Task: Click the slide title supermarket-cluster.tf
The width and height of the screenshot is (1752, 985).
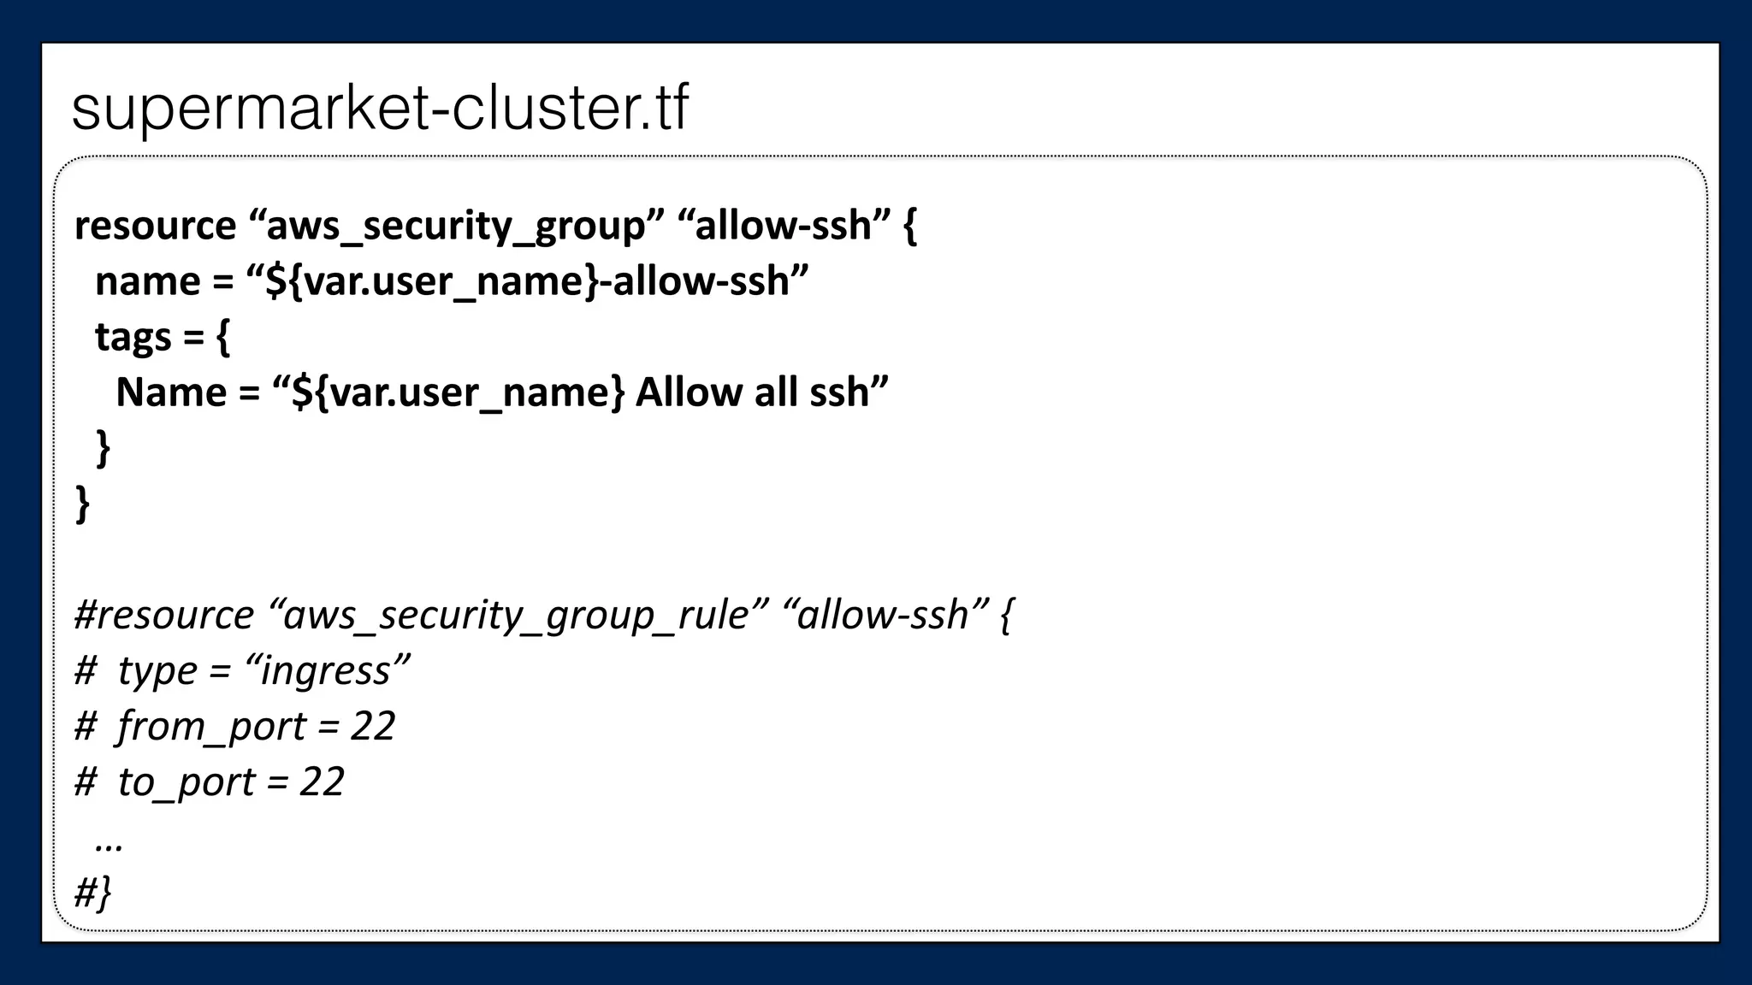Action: coord(380,109)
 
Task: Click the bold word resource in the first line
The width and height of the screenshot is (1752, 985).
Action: coord(155,226)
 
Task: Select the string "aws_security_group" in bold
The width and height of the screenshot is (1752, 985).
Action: coord(456,226)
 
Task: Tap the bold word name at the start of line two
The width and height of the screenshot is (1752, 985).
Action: coord(147,281)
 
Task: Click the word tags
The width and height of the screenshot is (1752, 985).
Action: coord(133,337)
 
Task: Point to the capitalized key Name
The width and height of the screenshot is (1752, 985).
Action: coord(171,392)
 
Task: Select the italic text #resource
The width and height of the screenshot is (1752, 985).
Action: coord(163,615)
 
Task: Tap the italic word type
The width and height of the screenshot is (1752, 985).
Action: coord(157,670)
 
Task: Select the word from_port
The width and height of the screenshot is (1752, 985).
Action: coord(211,726)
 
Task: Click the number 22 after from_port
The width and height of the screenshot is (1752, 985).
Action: coord(372,726)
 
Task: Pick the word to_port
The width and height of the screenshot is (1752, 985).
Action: coord(186,782)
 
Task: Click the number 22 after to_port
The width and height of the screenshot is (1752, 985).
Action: coord(322,782)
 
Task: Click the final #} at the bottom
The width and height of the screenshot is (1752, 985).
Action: coord(92,893)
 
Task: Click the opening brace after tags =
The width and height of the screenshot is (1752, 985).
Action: coord(222,337)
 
